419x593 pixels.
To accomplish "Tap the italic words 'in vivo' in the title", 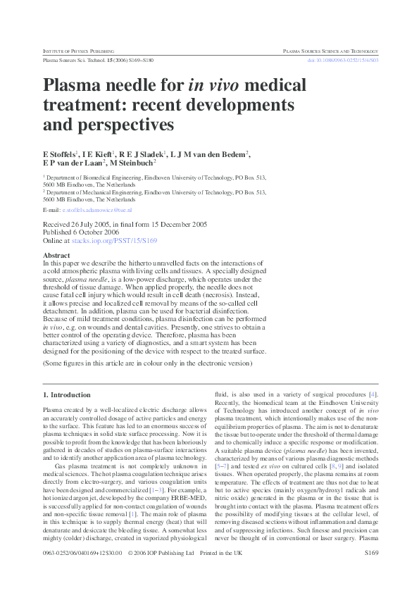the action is coord(211,87).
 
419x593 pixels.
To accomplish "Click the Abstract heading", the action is coord(56,255).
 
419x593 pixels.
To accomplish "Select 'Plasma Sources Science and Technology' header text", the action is coord(330,51).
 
